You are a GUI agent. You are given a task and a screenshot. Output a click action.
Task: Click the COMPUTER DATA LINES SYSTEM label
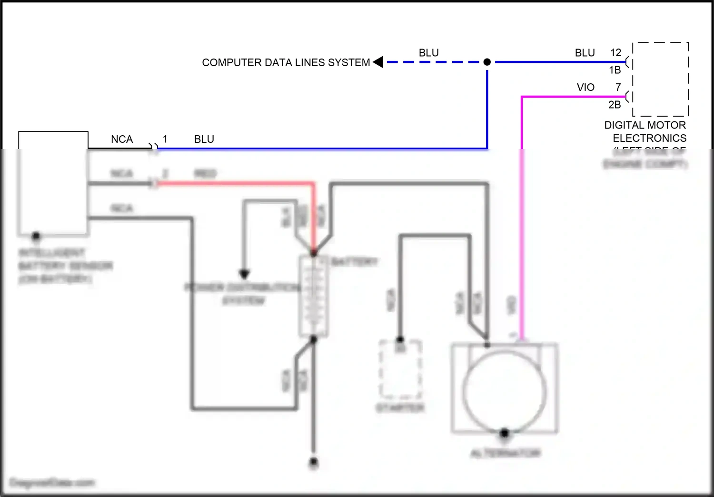point(286,63)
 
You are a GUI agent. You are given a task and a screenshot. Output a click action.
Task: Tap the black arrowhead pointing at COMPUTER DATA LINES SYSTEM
point(378,62)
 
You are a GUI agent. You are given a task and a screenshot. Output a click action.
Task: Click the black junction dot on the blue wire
point(487,62)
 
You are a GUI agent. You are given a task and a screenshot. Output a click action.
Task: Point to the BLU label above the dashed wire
point(428,53)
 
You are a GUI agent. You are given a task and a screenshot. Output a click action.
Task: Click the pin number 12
point(615,53)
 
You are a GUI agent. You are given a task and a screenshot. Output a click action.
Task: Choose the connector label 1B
point(615,70)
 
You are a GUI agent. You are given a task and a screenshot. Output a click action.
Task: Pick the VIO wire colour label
point(585,88)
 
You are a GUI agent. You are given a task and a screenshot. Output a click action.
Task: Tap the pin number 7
point(618,88)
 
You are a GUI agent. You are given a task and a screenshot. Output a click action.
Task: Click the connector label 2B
point(615,105)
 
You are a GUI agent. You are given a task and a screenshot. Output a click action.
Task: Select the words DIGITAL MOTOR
point(645,125)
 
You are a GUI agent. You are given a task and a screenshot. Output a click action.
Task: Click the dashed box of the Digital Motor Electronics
point(661,79)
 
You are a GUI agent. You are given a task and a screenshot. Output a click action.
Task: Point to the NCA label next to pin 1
point(122,139)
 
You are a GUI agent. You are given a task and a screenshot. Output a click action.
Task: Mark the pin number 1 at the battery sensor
point(165,139)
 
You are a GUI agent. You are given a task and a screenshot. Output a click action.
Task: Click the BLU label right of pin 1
point(204,139)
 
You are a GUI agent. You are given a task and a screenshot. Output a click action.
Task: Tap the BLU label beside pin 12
point(585,53)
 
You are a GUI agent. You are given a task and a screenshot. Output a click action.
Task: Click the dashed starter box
point(400,369)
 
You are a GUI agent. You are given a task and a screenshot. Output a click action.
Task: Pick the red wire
point(238,183)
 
